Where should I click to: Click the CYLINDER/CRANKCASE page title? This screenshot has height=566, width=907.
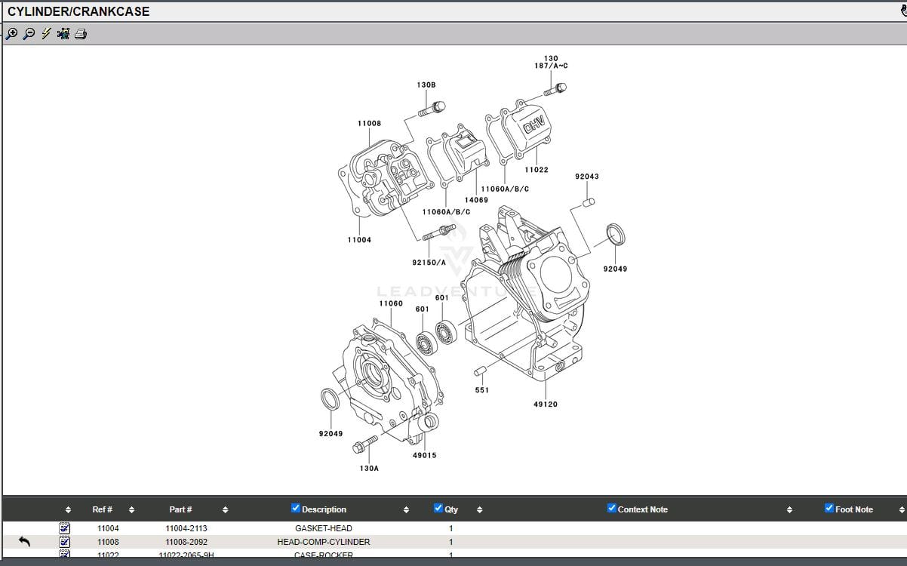tap(78, 11)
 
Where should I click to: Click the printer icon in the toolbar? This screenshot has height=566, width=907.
tap(81, 33)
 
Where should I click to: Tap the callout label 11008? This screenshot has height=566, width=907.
tap(369, 123)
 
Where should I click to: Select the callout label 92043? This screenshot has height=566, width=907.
tap(586, 177)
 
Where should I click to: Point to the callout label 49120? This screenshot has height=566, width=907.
tap(545, 405)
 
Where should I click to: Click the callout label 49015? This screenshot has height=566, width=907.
tap(424, 455)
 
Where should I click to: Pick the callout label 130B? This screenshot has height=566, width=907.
tap(426, 85)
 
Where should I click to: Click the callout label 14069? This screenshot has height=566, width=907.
tap(475, 200)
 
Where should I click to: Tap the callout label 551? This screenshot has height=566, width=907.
tap(481, 390)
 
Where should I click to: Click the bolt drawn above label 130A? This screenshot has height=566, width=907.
tap(364, 444)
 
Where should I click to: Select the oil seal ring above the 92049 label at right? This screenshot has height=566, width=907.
tap(616, 234)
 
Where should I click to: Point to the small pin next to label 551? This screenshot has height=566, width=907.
tap(480, 371)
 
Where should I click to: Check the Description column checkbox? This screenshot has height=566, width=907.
tap(296, 508)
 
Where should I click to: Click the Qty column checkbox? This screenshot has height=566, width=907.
tap(438, 508)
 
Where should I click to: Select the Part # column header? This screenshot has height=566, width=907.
tap(180, 509)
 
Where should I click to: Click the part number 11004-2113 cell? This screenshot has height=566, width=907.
tap(186, 528)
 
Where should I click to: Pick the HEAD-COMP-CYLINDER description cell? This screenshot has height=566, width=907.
tap(323, 542)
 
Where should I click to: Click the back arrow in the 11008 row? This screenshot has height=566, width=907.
tap(24, 541)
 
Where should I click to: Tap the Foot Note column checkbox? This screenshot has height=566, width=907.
tap(829, 508)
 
